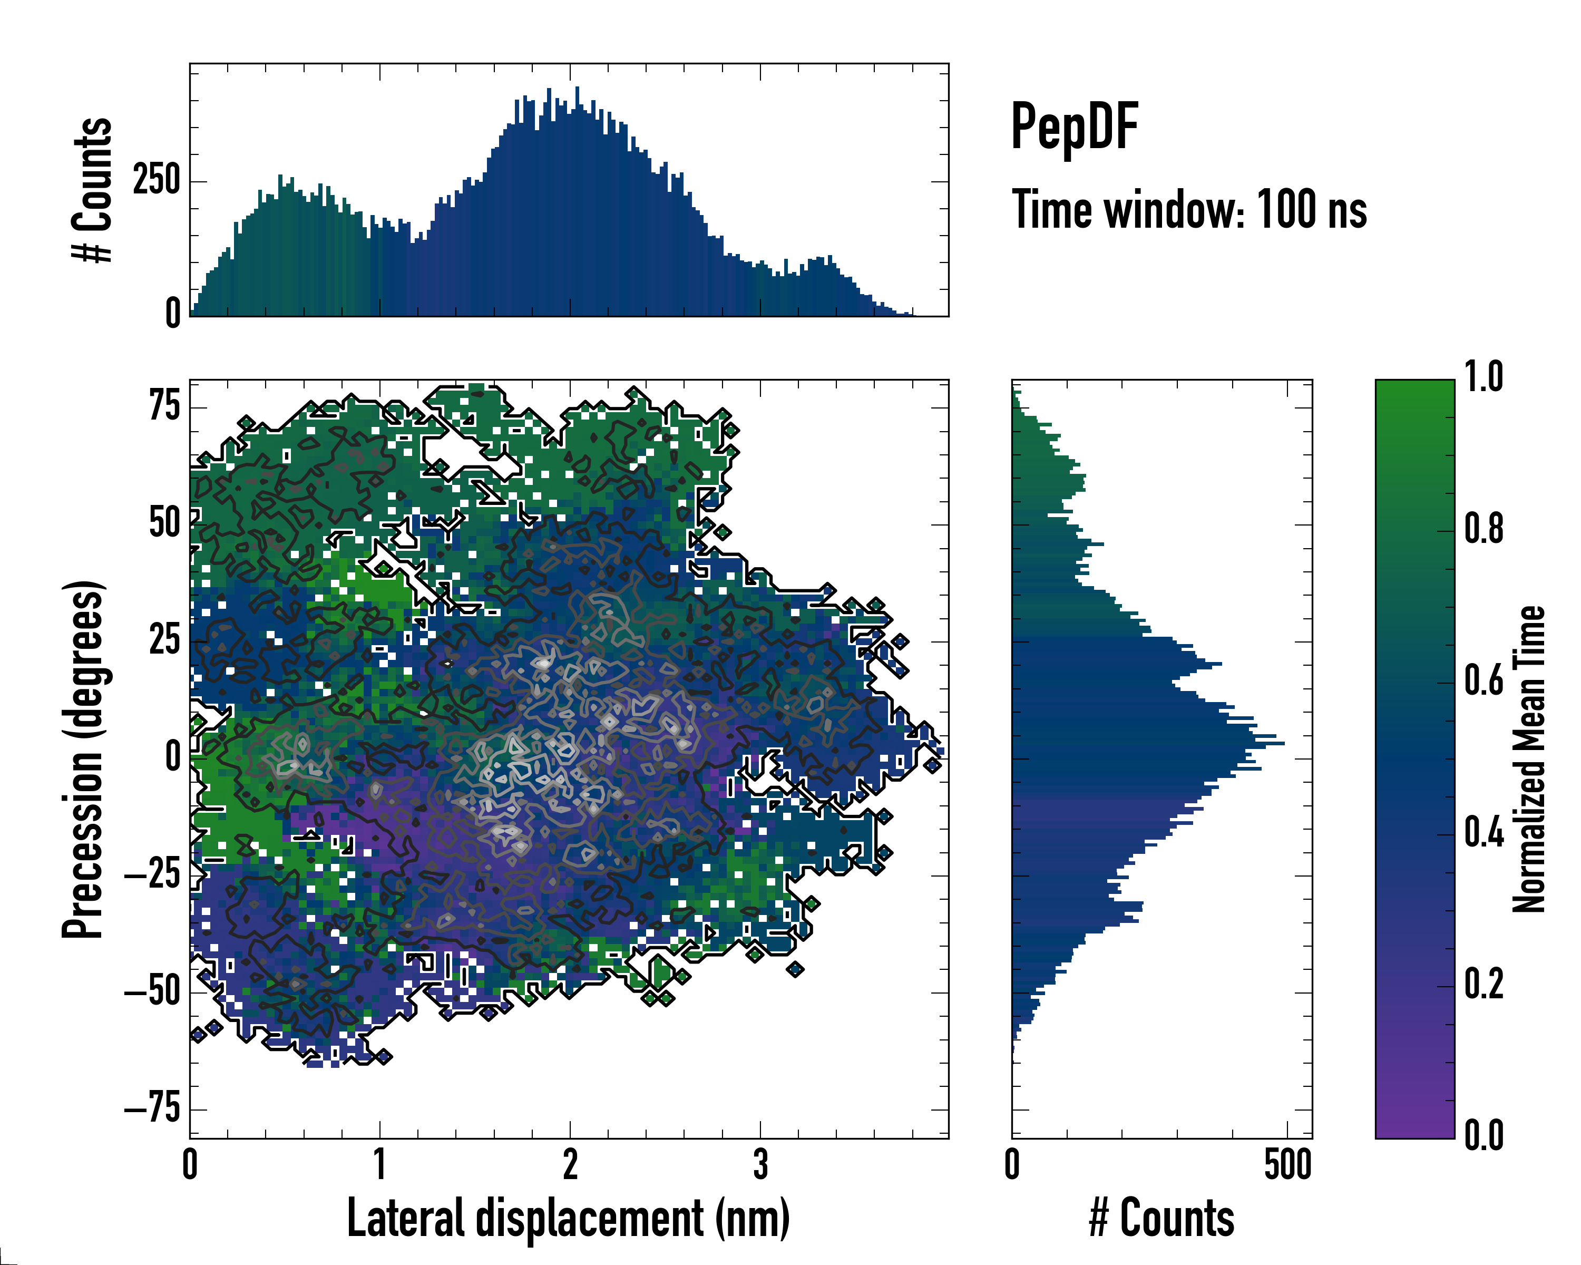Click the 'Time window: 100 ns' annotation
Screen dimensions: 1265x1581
pyautogui.click(x=1189, y=210)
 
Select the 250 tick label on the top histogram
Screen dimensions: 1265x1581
pyautogui.click(x=156, y=180)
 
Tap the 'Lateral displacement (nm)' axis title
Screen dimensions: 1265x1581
pyautogui.click(x=568, y=1218)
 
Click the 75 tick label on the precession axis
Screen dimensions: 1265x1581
pyautogui.click(x=165, y=405)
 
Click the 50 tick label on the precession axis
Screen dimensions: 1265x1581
pyautogui.click(x=164, y=523)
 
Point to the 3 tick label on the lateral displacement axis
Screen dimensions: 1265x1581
pyautogui.click(x=760, y=1164)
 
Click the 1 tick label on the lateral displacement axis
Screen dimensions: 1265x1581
pyautogui.click(x=380, y=1164)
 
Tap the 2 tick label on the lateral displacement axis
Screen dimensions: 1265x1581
pyautogui.click(x=570, y=1164)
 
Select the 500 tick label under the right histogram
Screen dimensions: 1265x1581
pyautogui.click(x=1287, y=1164)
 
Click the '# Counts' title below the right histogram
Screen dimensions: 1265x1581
pyautogui.click(x=1162, y=1218)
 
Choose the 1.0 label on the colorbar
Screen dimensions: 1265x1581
pyautogui.click(x=1484, y=378)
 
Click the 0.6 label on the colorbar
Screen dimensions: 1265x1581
pyautogui.click(x=1484, y=682)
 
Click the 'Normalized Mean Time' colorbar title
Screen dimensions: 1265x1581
pyautogui.click(x=1530, y=759)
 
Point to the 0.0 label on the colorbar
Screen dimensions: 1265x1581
pyautogui.click(x=1484, y=1136)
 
